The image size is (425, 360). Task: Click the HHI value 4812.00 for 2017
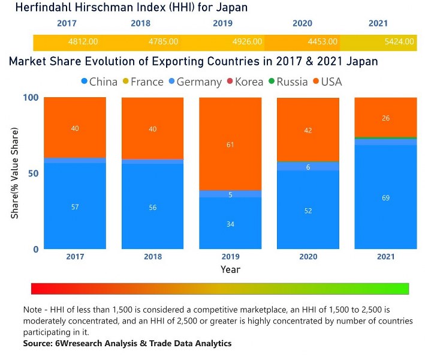(83, 42)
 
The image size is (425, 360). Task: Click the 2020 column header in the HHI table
(302, 23)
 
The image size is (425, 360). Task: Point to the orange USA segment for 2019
(230, 144)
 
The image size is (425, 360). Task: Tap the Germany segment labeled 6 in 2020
(308, 167)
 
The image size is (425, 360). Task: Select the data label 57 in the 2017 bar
(75, 207)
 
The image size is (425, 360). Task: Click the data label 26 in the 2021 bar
(385, 118)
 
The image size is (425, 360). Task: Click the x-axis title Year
(230, 269)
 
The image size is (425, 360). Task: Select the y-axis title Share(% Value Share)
(14, 173)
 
